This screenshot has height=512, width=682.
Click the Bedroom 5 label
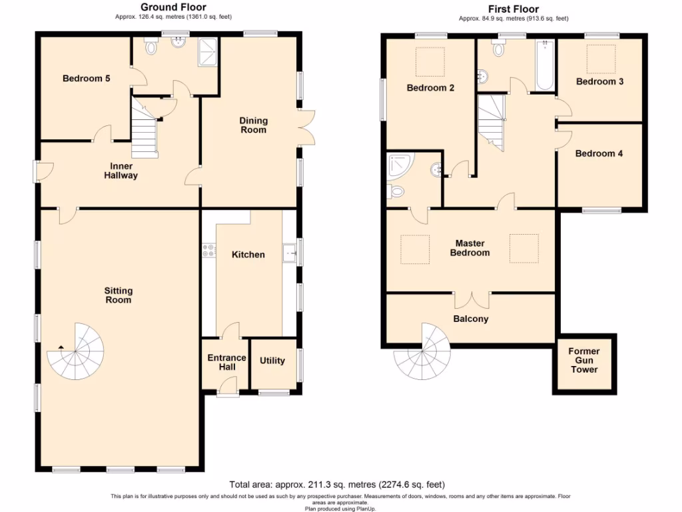point(86,79)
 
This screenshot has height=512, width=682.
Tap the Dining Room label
point(253,125)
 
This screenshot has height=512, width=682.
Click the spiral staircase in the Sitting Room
point(77,349)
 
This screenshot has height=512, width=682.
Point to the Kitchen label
point(248,255)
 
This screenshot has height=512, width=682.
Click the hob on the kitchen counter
point(208,251)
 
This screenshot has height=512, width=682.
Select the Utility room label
point(272,361)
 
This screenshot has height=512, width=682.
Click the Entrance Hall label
point(226,363)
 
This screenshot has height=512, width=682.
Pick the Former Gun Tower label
point(583,360)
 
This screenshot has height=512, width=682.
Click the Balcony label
point(471,319)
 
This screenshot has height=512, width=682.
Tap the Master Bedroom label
point(470,248)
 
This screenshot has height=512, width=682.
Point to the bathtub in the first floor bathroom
point(544,65)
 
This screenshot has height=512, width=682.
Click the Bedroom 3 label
point(599,82)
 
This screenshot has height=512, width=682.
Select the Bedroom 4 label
point(599,153)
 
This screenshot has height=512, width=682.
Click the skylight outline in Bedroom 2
point(431,62)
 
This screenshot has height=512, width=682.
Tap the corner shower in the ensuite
point(400,164)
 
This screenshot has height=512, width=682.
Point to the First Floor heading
point(513,9)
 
